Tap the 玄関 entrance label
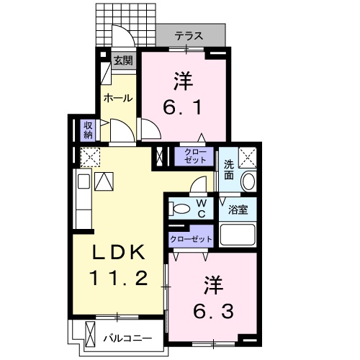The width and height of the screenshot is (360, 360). pos(122,60)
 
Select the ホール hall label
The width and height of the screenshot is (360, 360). pos(117,97)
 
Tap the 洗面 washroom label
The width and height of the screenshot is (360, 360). pos(228,169)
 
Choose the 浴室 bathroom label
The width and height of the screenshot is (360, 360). pos(238,210)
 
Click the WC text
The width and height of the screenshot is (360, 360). pos(202,209)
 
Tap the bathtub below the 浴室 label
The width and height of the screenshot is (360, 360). pos(238,235)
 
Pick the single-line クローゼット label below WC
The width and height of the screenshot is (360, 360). pos(192,238)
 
